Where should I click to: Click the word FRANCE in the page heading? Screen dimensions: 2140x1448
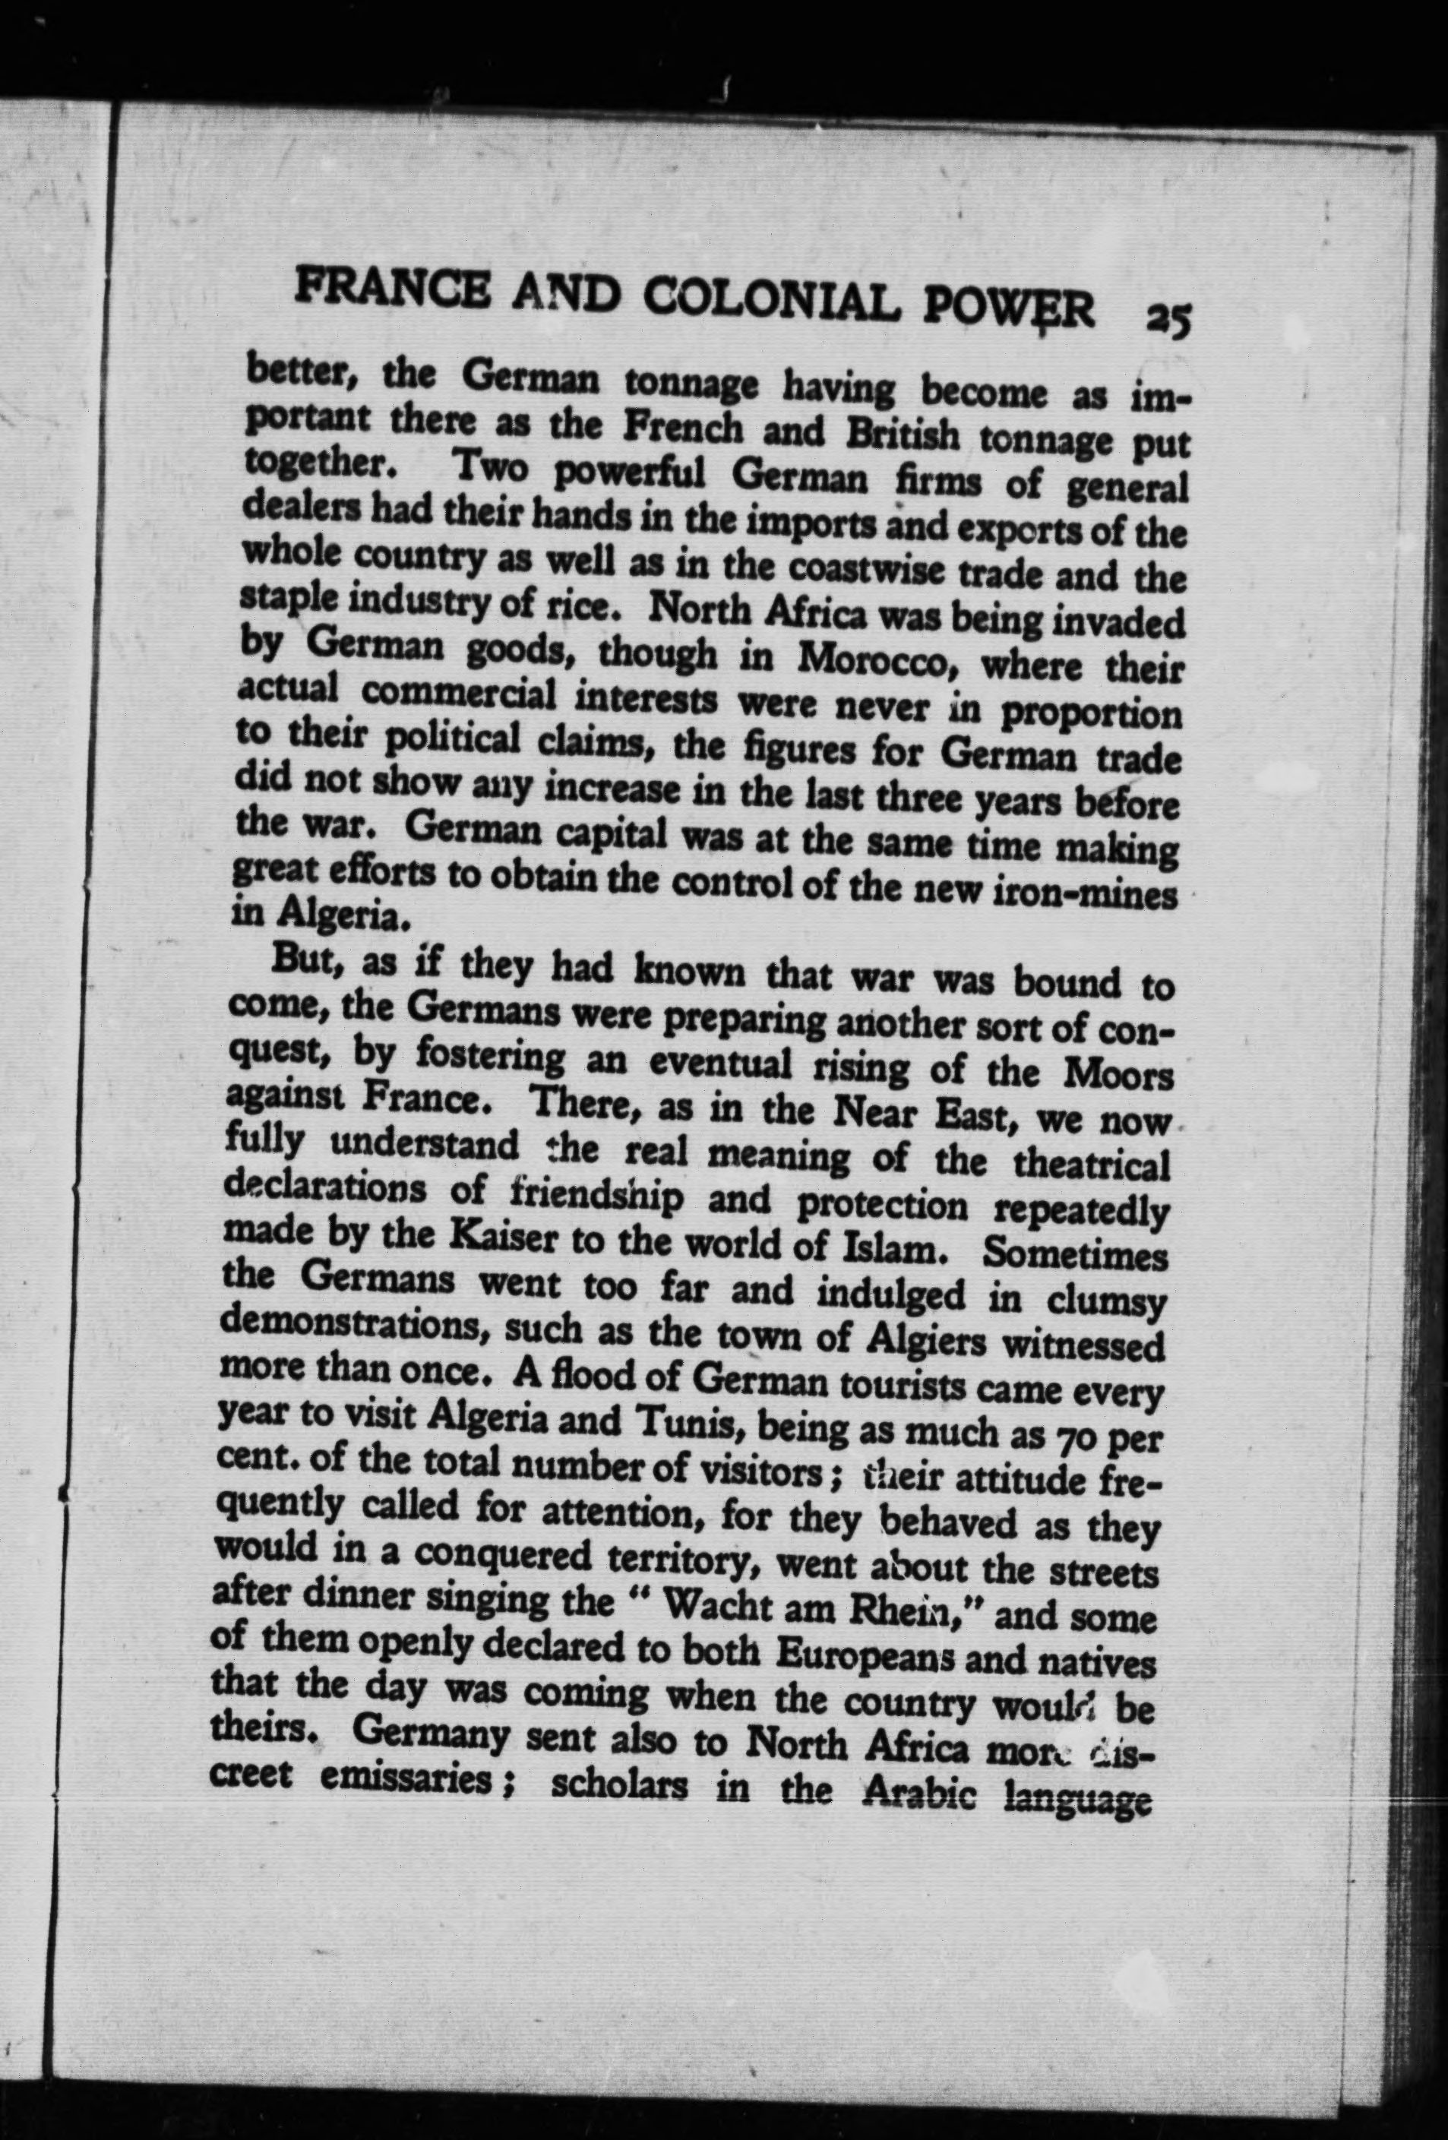(372, 294)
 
